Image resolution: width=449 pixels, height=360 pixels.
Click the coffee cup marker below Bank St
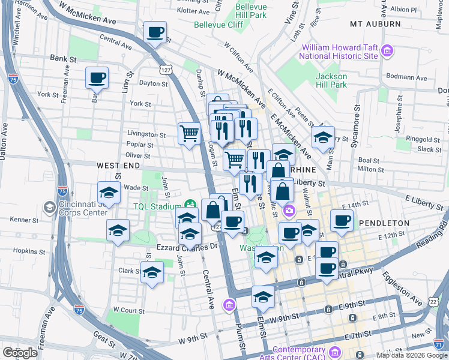[x=97, y=77]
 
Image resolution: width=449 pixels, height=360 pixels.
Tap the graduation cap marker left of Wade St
[x=109, y=193]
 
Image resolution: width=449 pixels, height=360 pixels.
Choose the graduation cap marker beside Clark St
[x=152, y=272]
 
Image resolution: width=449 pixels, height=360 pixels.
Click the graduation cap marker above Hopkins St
[x=118, y=230]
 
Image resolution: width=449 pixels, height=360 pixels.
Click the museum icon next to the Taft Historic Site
[x=387, y=52]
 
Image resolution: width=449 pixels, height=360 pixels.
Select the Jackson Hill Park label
[x=331, y=80]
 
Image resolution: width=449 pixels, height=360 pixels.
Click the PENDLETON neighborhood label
[x=384, y=223]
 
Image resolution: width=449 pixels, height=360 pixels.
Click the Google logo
[x=20, y=353]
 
